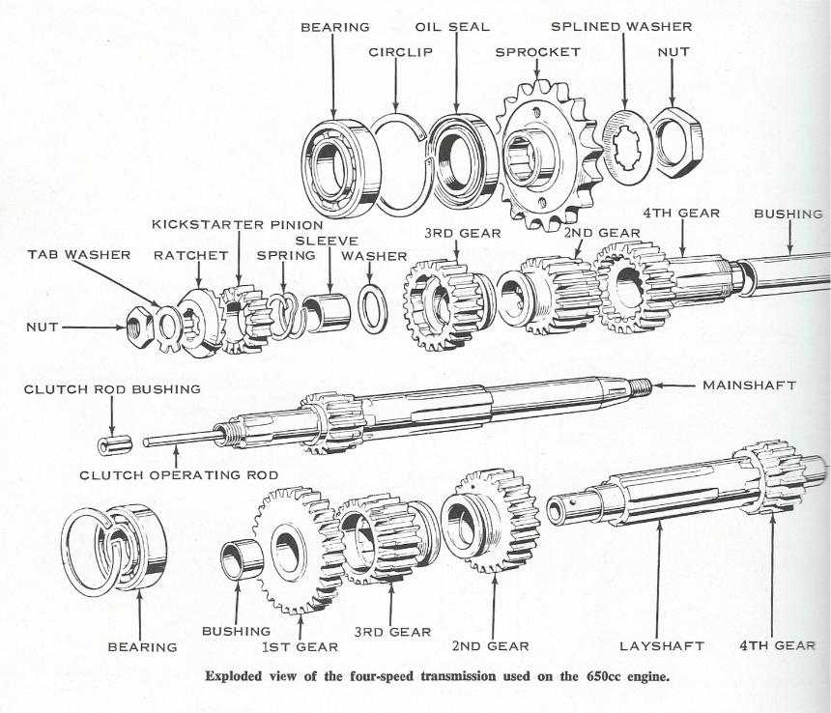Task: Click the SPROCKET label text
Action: point(537,52)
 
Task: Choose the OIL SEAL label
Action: point(452,26)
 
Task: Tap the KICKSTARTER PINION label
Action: point(237,224)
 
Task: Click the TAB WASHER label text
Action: point(78,255)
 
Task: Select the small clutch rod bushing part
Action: point(114,445)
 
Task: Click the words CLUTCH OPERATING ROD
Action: point(179,474)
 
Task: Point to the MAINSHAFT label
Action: point(749,385)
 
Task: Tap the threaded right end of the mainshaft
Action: point(638,387)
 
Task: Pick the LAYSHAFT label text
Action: point(661,645)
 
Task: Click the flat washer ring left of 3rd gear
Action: point(372,308)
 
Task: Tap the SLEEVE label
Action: point(327,240)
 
